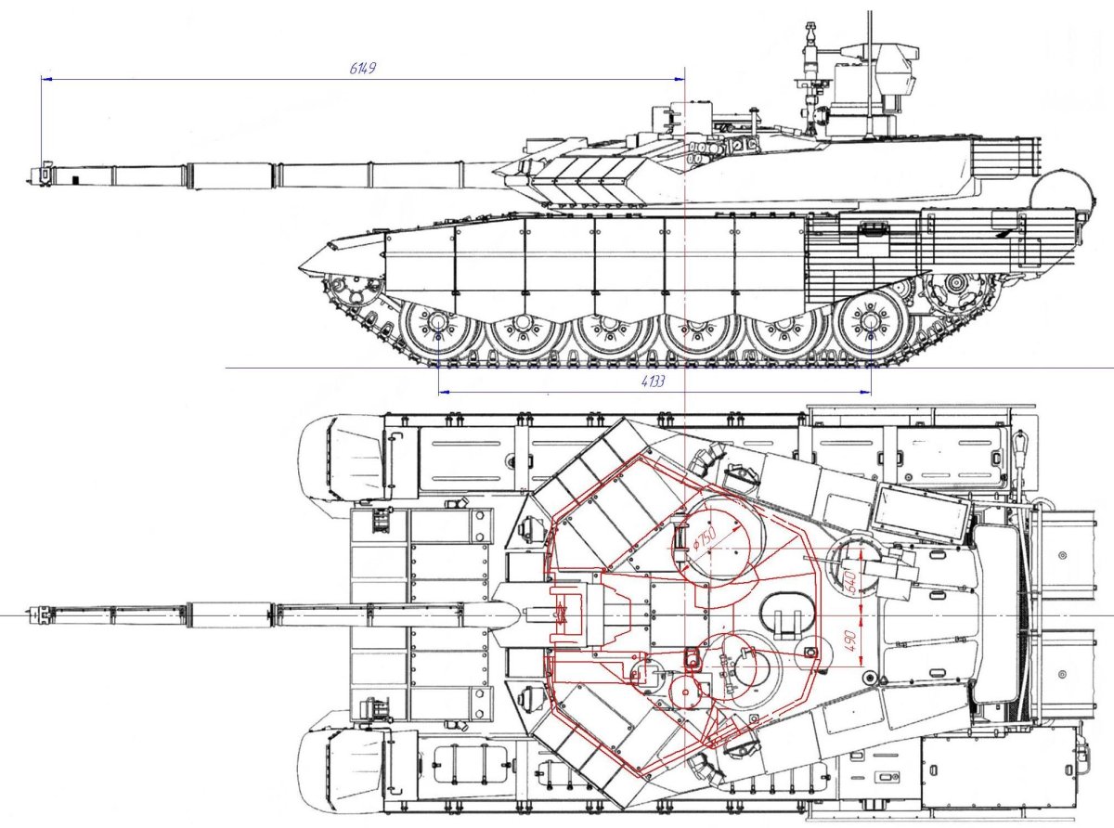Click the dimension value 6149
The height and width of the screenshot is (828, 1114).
363,70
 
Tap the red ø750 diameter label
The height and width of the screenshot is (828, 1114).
706,537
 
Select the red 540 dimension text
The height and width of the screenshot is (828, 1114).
849,581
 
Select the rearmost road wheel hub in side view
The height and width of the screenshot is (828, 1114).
870,321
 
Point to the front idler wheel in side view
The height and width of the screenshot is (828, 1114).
352,293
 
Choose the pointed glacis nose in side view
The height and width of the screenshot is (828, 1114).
304,268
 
